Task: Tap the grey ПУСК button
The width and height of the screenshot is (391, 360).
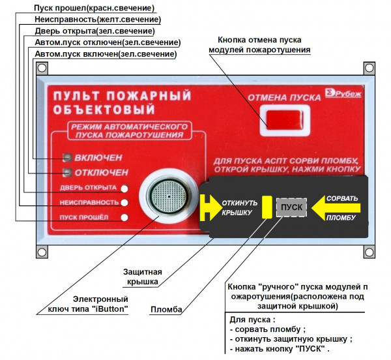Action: click(x=291, y=207)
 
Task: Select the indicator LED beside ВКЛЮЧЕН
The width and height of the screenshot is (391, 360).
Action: click(x=66, y=157)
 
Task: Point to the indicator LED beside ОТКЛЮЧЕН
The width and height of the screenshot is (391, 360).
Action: click(x=66, y=172)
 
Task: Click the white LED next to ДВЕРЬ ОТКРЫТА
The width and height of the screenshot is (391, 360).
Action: click(x=124, y=188)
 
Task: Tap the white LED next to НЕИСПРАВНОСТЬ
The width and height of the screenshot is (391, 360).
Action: click(x=124, y=203)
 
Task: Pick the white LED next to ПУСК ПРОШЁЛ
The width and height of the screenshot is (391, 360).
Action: click(x=124, y=217)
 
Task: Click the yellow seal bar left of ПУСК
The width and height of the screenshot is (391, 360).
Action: click(x=266, y=207)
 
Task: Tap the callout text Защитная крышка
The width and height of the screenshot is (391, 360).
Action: click(x=143, y=277)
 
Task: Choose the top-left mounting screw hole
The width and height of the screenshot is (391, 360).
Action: click(x=42, y=68)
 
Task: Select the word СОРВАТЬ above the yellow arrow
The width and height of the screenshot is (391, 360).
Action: click(x=341, y=197)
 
